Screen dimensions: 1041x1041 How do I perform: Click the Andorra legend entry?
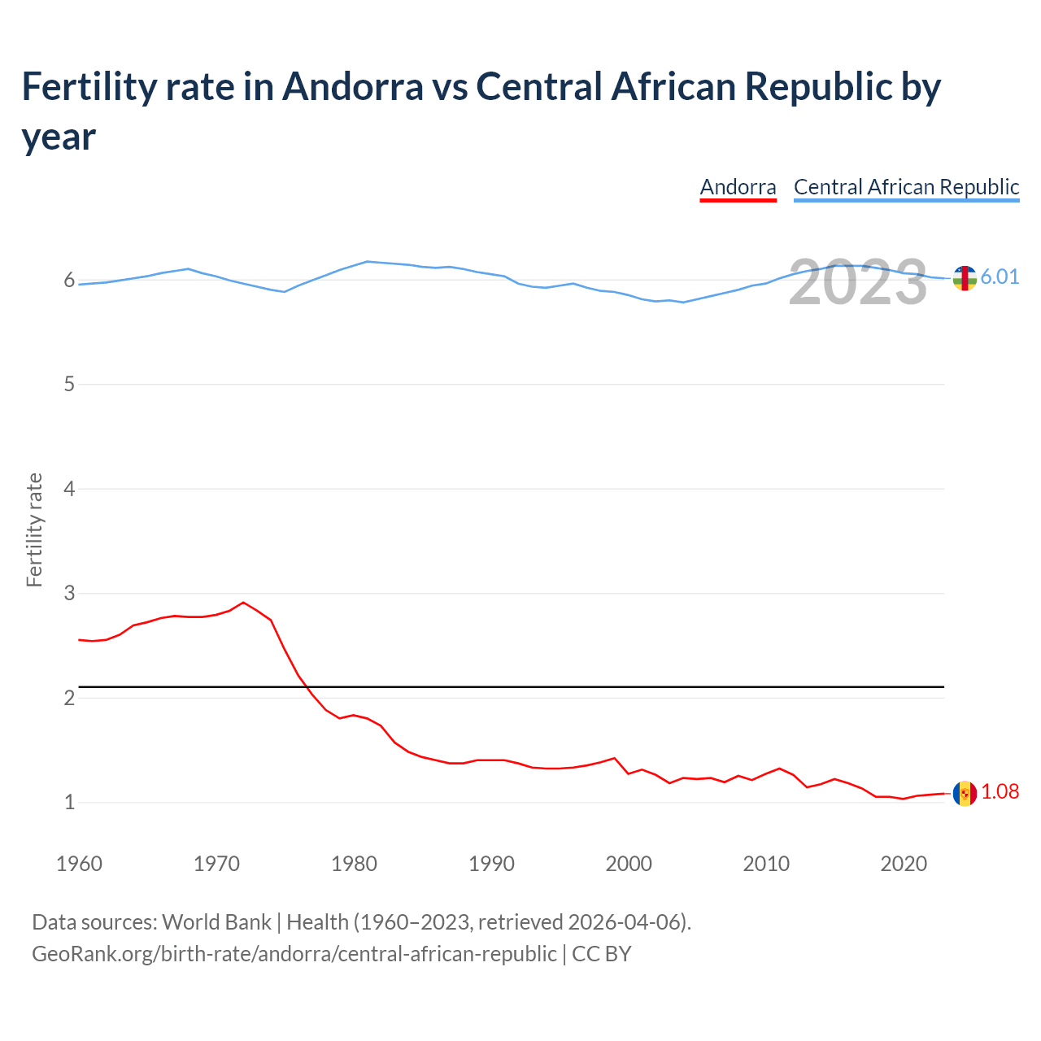tap(738, 187)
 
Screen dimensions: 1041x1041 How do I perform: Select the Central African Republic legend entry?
tap(906, 187)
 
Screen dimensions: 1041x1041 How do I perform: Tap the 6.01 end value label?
tap(1000, 277)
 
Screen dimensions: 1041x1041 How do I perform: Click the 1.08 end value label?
tap(1000, 791)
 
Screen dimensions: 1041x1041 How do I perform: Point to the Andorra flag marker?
tap(965, 793)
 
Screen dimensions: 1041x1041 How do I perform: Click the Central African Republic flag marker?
tap(965, 278)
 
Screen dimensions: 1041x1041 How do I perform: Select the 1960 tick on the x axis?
tap(79, 864)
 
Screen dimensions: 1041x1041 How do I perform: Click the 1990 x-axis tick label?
tap(491, 864)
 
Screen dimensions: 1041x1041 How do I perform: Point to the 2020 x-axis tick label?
tap(904, 864)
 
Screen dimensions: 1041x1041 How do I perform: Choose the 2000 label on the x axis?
tap(629, 864)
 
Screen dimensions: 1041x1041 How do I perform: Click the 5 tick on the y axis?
tap(69, 384)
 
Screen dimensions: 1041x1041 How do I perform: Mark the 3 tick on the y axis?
tap(69, 593)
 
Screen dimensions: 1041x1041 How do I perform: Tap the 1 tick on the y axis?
tap(69, 802)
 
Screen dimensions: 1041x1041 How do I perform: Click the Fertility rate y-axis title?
tap(34, 529)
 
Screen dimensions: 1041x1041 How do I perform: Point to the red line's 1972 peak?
tap(243, 603)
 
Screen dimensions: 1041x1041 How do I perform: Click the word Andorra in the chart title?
tap(353, 86)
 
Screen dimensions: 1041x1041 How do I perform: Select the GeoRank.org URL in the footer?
tap(294, 953)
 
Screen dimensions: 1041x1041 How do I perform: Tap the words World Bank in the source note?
tap(216, 922)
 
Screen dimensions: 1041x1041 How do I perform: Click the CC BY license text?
tap(601, 953)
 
